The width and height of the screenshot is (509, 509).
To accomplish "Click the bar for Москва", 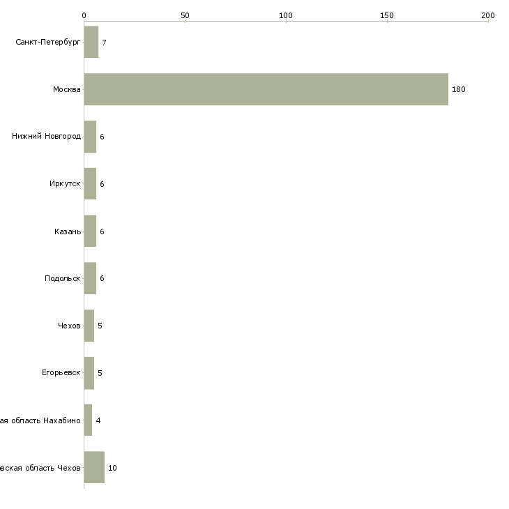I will tap(266, 89).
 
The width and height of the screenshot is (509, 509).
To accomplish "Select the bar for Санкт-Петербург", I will tap(91, 43).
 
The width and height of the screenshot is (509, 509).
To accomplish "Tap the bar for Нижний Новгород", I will tap(90, 137).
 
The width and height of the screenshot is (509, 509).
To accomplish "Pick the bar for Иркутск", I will tap(90, 184).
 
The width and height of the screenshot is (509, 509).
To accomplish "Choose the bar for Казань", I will tap(90, 231).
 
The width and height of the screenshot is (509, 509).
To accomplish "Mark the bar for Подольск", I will tap(90, 278).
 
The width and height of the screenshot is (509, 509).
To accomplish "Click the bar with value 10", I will tap(94, 467).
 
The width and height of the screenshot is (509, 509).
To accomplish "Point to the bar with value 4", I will tap(88, 420).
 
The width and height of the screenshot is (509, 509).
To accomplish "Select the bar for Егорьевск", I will tap(89, 373).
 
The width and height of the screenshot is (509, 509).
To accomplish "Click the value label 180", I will tap(458, 90).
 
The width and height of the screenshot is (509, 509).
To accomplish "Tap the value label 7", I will tap(104, 43).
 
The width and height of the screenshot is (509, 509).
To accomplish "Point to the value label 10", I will tap(112, 468).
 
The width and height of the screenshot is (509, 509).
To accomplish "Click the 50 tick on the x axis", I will tap(185, 15).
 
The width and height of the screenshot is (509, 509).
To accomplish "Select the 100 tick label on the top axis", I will tap(286, 15).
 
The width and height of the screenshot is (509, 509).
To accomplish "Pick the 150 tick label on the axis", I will tap(387, 15).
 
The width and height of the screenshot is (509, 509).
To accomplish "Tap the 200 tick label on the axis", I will tap(488, 15).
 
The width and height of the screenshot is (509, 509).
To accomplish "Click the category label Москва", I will tap(67, 90).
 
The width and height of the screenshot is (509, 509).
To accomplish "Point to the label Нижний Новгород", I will tap(47, 137).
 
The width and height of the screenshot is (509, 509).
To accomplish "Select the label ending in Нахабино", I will tap(40, 420).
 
